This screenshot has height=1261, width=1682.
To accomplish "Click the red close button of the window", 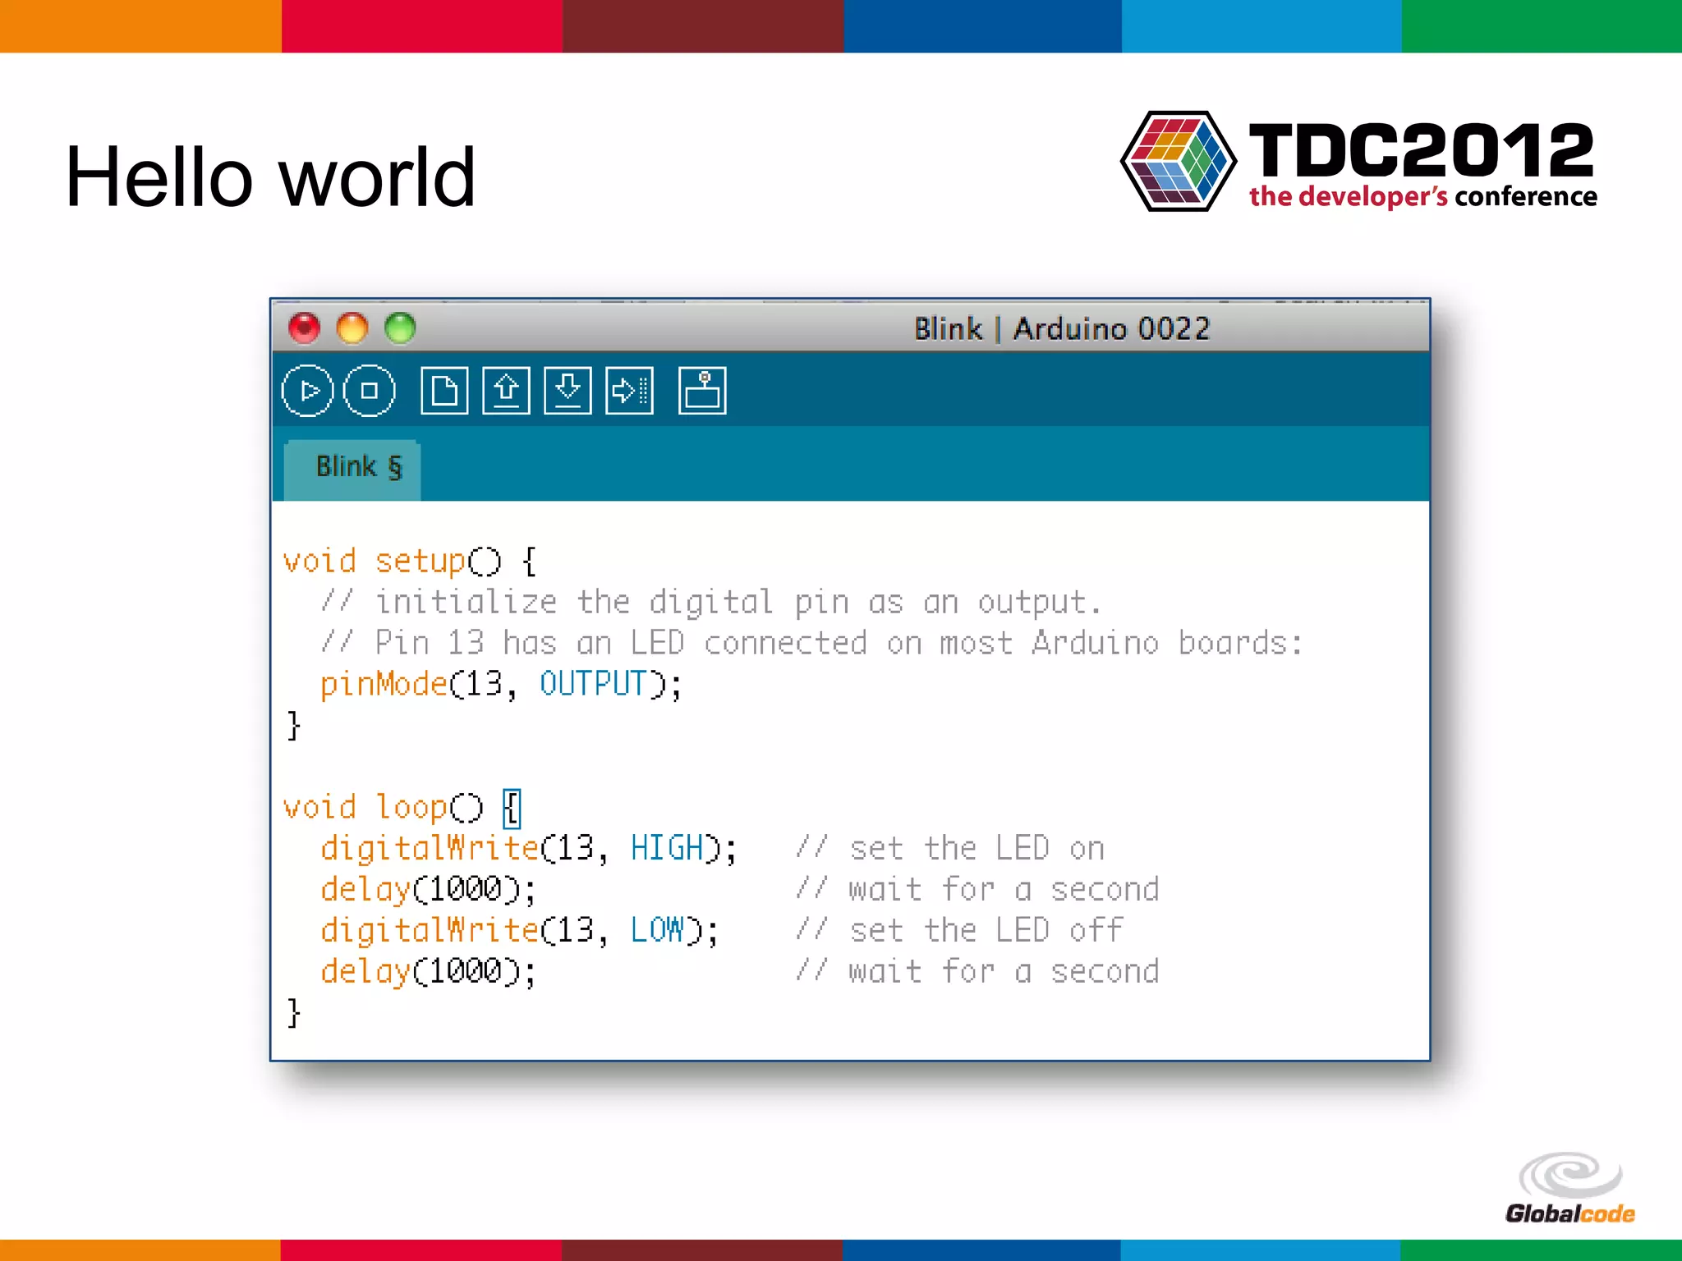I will pos(304,328).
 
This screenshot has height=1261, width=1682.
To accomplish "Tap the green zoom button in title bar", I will pos(400,328).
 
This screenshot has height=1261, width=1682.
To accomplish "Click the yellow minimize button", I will pos(352,328).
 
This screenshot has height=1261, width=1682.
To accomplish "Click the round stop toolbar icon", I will pos(369,391).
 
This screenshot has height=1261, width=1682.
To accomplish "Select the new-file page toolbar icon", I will pos(444,391).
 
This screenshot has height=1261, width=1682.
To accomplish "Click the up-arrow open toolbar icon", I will pos(506,391).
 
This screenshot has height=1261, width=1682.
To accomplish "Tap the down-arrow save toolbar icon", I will pos(568,391).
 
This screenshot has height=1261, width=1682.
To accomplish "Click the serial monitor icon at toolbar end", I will pos(702,391).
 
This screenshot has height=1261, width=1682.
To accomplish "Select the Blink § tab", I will pos(358,467).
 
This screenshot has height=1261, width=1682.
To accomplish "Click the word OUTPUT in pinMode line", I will pos(592,684).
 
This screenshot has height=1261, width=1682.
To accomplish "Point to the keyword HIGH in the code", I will pos(667,848).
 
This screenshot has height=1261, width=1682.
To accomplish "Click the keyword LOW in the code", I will pos(656,930).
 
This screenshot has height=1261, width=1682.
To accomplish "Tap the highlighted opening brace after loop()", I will pos(512,808).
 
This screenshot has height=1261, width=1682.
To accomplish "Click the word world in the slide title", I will pos(377,177).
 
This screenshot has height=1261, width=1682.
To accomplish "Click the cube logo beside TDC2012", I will pos(1178,162).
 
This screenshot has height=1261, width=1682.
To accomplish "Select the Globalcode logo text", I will pos(1569,1213).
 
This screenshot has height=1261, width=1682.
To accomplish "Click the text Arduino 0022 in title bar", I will pos(1111,329).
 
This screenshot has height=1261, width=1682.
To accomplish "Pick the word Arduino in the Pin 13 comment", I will pos(1095,643).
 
